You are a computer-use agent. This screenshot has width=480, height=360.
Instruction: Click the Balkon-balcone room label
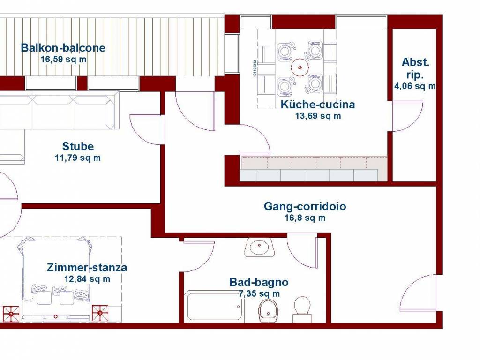pos(63,48)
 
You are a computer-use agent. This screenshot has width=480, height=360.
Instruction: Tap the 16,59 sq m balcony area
pos(63,59)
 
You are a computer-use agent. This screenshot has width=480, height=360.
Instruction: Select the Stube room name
pos(78,146)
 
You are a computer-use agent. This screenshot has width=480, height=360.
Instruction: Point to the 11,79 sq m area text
pos(78,158)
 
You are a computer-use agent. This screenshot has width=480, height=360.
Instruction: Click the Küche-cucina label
pos(318,105)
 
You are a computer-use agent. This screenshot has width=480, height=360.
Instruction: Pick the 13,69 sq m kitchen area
pos(318,116)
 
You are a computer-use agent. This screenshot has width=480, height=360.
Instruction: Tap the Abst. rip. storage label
pos(415,68)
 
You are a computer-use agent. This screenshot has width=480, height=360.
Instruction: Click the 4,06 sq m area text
pos(415,86)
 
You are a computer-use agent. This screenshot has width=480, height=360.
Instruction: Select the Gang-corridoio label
pos(305,206)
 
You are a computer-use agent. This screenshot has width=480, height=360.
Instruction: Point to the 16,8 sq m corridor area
pos(305,218)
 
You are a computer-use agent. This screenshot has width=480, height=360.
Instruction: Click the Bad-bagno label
pos(259,282)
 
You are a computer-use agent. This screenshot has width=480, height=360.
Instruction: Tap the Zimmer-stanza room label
pos(87,268)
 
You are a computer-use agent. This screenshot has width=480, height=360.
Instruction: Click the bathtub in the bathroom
pos(215,306)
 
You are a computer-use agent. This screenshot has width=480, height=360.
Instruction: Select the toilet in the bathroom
pos(302,309)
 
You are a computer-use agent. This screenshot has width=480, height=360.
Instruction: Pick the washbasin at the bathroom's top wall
pos(260,247)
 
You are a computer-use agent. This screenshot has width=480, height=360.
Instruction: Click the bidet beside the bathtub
pos(269,310)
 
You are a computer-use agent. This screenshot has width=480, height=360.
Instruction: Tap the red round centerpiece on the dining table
pos(300,67)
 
